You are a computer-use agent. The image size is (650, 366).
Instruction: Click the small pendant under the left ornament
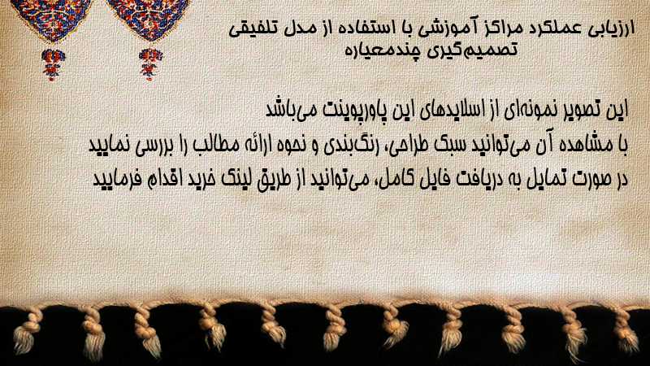click(x=52, y=63)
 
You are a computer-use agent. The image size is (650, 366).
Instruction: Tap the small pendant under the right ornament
click(x=150, y=63)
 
